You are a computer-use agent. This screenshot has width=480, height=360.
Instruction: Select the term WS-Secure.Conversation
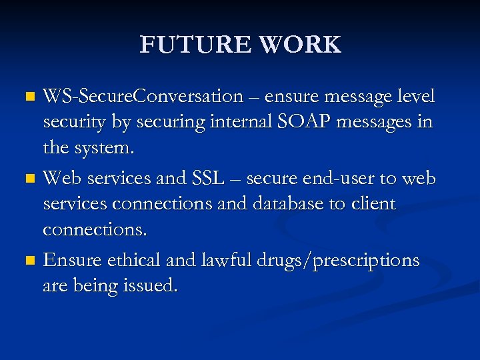point(143,97)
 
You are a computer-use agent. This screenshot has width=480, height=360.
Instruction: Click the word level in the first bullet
point(416,97)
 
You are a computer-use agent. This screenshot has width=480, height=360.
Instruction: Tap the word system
point(107,149)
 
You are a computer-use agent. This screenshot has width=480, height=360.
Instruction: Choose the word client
point(371,204)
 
